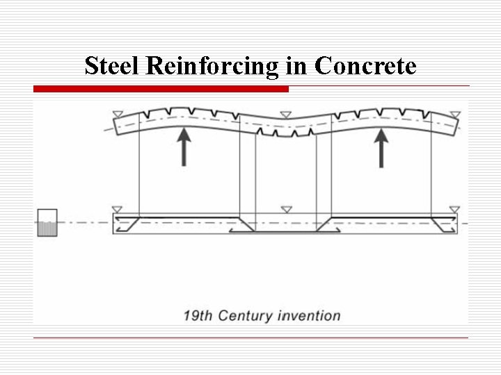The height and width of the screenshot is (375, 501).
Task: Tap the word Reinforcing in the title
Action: (x=207, y=66)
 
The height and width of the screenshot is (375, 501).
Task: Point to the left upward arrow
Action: (x=184, y=147)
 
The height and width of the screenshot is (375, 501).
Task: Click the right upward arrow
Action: (x=381, y=147)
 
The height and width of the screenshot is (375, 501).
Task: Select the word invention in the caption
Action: (x=309, y=316)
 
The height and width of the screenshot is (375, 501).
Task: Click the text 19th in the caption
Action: (x=198, y=316)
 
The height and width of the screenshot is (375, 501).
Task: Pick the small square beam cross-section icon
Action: (x=47, y=222)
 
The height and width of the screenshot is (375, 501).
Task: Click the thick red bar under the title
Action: (x=161, y=89)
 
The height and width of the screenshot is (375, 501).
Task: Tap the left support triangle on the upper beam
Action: (x=118, y=113)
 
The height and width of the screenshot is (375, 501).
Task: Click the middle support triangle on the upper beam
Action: (x=285, y=115)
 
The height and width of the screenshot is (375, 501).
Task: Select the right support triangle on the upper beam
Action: (x=454, y=113)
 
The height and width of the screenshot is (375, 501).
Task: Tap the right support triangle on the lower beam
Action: (x=454, y=209)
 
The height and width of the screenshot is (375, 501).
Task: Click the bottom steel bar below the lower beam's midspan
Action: (x=285, y=232)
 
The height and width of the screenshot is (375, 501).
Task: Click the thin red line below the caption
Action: (x=250, y=337)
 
